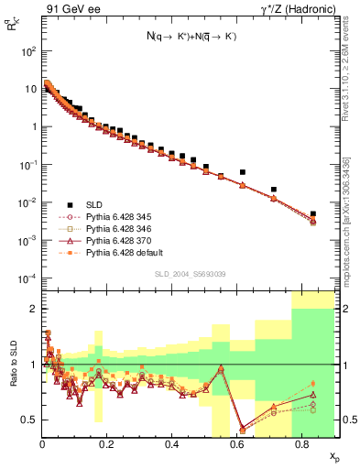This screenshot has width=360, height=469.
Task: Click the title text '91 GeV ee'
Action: [x=72, y=11]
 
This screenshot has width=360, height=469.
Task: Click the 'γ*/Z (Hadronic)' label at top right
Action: [x=292, y=11]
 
